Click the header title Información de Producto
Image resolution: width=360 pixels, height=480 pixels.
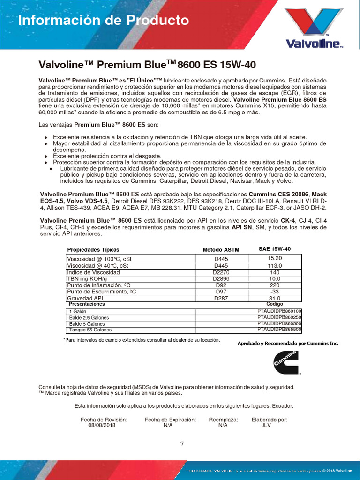103,21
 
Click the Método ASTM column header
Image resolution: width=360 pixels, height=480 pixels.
221,249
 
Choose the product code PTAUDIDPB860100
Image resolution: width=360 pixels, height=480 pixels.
279,311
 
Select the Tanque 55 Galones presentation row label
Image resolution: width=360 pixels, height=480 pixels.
90,330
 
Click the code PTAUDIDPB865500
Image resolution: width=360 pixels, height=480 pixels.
279,330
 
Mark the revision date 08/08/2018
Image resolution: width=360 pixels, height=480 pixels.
102,426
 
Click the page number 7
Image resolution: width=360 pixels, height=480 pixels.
182,444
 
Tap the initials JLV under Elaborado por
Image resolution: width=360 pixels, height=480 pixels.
266,426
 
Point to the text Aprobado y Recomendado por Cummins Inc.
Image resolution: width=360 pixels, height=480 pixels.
288,343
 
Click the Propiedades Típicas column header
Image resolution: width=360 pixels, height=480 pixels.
93,249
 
